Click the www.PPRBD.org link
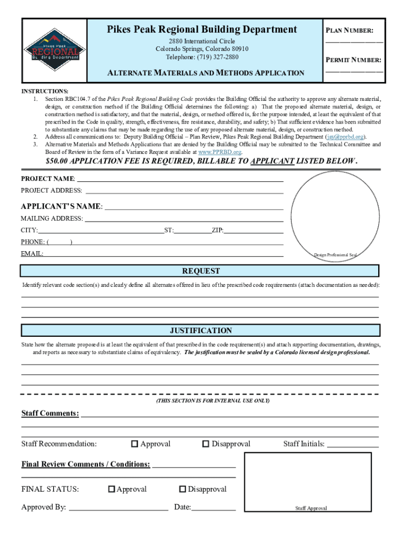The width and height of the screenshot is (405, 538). pos(219,151)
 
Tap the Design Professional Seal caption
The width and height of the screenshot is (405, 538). pos(335,255)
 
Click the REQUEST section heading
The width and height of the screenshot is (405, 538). pos(200,271)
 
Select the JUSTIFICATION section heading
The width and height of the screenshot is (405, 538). pos(200,330)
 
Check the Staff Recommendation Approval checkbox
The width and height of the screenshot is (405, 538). pos(135,444)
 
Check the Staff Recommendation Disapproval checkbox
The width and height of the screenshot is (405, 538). pos(206,444)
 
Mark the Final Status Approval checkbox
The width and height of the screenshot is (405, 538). pos(112,489)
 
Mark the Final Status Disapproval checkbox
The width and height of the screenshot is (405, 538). pos(183,489)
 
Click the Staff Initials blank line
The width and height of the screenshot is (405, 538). pos(353,446)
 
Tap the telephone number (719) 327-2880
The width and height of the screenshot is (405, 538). pos(202,57)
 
